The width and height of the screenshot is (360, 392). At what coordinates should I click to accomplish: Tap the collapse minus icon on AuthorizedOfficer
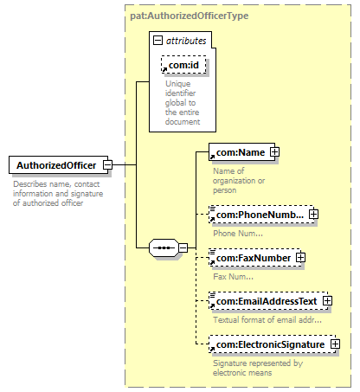pyautogui.click(x=108, y=165)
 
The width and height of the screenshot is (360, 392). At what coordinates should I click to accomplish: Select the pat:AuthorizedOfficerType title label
pyautogui.click(x=189, y=16)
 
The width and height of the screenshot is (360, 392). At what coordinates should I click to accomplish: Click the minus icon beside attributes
pyautogui.click(x=157, y=41)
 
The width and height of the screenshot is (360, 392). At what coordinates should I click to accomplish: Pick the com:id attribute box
pyautogui.click(x=183, y=65)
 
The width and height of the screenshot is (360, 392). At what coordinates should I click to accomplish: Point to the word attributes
pyautogui.click(x=186, y=41)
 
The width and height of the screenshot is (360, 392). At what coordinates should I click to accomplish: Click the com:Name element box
pyautogui.click(x=241, y=152)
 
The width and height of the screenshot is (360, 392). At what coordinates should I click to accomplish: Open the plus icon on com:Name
pyautogui.click(x=274, y=152)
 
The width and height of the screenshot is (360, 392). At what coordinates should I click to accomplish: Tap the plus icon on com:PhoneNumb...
pyautogui.click(x=313, y=215)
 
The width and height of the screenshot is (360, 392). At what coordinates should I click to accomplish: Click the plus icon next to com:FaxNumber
pyautogui.click(x=300, y=258)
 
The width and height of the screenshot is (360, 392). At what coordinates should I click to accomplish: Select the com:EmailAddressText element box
pyautogui.click(x=268, y=301)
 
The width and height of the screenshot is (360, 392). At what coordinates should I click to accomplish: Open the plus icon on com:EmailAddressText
pyautogui.click(x=327, y=301)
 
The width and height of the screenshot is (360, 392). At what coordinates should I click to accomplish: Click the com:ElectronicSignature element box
pyautogui.click(x=273, y=344)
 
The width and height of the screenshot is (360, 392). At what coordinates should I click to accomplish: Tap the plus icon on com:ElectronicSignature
pyautogui.click(x=336, y=344)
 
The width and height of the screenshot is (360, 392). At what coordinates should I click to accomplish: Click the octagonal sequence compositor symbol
pyautogui.click(x=164, y=247)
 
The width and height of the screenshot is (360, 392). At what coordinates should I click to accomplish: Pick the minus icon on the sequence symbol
pyautogui.click(x=183, y=247)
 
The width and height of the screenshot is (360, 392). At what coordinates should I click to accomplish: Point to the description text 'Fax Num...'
pyautogui.click(x=233, y=277)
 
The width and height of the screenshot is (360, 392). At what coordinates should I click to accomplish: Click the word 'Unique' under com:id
pyautogui.click(x=178, y=84)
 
